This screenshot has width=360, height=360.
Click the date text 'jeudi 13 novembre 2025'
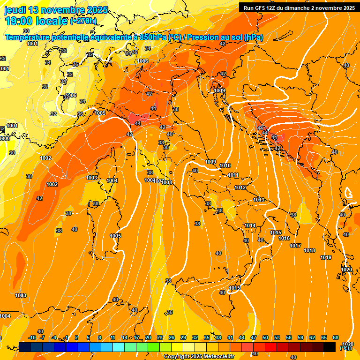click(56, 10)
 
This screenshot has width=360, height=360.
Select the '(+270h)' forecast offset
click(83, 21)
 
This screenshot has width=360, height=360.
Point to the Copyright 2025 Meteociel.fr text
click(199, 357)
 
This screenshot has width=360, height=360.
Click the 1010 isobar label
click(225, 165)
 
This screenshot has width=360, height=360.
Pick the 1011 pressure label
click(233, 175)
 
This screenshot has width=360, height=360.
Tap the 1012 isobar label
click(240, 187)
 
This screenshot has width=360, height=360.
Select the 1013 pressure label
click(259, 200)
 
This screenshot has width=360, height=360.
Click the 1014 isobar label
click(250, 225)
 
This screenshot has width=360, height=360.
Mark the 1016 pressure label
click(284, 238)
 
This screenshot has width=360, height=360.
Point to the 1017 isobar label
click(295, 246)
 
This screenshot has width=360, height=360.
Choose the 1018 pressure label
click(309, 250)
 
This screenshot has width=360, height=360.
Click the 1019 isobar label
click(326, 257)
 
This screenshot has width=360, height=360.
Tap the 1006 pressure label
click(143, 61)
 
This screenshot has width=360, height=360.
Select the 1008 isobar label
click(166, 182)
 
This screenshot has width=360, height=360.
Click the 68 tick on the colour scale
click(336, 337)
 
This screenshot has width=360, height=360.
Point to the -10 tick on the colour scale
click(32, 337)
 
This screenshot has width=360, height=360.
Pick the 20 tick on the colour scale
click(148, 337)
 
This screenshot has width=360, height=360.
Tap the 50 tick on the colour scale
click(265, 337)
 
